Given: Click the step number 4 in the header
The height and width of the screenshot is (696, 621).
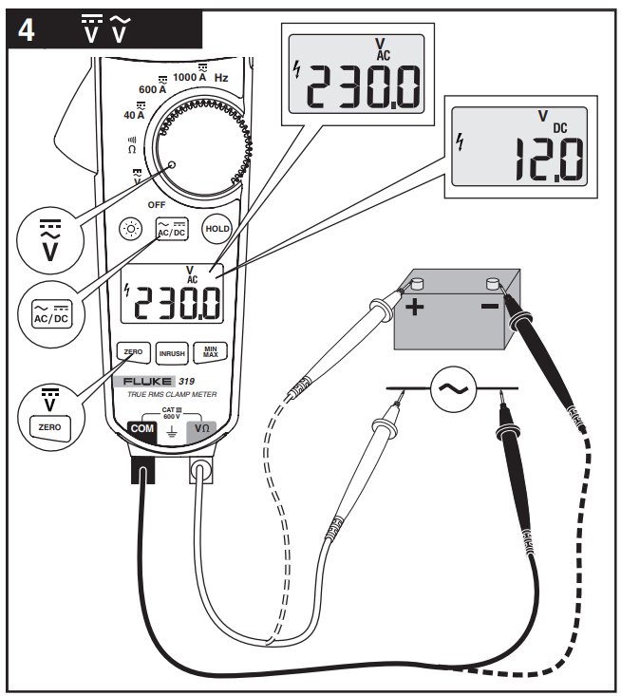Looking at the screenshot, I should point(27,29).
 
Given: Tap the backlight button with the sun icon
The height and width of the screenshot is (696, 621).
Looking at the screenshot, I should point(130,229).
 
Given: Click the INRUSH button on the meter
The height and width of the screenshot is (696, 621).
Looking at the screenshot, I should point(172,352).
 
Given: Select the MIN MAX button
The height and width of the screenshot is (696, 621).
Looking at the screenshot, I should point(211,352).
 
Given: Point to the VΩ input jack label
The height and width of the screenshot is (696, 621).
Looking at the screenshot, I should point(202,429).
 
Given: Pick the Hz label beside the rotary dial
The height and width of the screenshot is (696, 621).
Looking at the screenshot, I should point(220,76).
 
